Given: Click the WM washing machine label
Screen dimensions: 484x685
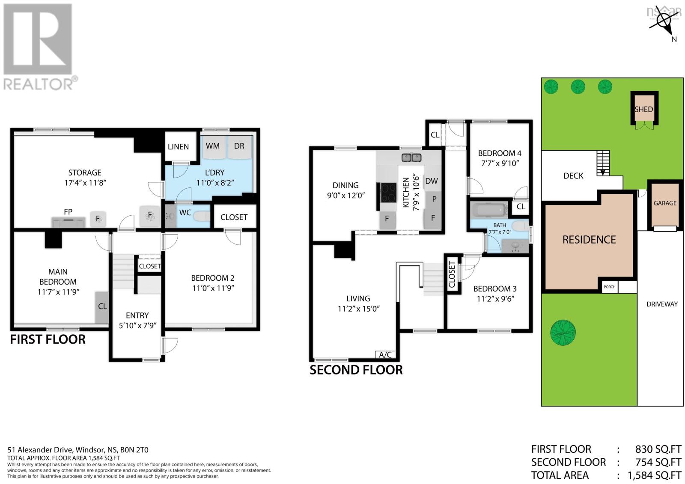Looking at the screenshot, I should (x=213, y=146).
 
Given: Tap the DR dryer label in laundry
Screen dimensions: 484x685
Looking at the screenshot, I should (x=239, y=146).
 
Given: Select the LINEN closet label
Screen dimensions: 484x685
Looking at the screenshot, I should (x=178, y=147).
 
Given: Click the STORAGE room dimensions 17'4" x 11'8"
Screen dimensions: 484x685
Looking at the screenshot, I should (x=85, y=183).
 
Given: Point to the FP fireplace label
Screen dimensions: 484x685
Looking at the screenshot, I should (x=68, y=212).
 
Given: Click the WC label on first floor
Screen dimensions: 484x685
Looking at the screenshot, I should (x=185, y=213).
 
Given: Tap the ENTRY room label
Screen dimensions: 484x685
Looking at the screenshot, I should (x=137, y=315).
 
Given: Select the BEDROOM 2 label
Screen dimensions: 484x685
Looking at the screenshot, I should (x=212, y=278).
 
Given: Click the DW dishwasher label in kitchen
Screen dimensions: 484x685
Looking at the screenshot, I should (x=431, y=181).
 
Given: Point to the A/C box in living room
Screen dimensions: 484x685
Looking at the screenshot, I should (x=385, y=355).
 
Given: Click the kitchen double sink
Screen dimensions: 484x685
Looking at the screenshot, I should (x=411, y=158).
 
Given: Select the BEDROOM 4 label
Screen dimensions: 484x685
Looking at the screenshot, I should (x=499, y=153).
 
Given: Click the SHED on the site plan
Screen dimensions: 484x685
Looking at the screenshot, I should (x=643, y=110).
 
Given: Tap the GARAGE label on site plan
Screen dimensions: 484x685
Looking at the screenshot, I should (x=664, y=203).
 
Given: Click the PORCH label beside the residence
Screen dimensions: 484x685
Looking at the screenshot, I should (x=609, y=287).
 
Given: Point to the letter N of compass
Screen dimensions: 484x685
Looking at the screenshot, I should (x=674, y=39).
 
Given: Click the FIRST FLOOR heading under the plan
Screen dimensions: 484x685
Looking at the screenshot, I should (x=48, y=339).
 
